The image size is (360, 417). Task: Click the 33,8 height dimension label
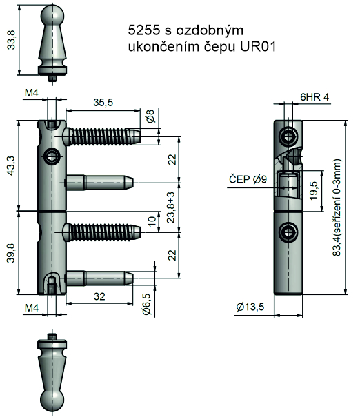click(12, 40)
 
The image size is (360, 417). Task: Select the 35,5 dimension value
click(103, 103)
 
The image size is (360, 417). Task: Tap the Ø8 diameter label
click(150, 116)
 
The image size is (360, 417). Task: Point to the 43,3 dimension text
click(12, 165)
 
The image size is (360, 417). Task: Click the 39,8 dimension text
click(11, 253)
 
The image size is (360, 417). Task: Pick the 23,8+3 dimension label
click(172, 207)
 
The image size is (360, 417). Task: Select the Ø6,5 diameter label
click(147, 304)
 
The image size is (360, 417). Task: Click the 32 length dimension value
click(99, 296)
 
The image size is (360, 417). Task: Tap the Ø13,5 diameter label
click(250, 307)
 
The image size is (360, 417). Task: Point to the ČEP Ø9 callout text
click(248, 179)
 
